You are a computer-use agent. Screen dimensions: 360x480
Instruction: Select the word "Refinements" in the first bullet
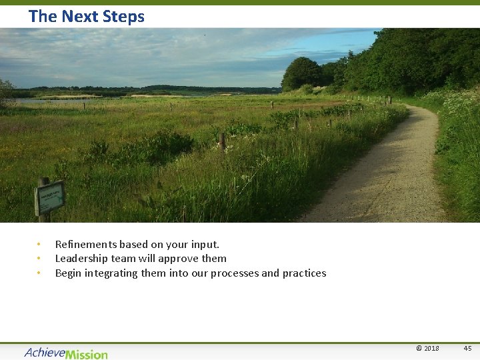pos(85,245)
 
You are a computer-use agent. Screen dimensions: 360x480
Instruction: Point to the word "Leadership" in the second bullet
pos(83,259)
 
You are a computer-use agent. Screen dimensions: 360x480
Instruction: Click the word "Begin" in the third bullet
pos(69,273)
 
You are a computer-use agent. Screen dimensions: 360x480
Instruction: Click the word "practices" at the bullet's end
pos(304,273)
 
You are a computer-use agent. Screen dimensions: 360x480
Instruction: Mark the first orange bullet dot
pos(39,244)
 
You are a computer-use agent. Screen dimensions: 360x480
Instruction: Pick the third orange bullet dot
pos(39,273)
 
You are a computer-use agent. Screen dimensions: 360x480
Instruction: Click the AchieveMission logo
pos(65,353)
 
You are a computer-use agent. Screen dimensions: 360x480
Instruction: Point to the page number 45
pos(467,349)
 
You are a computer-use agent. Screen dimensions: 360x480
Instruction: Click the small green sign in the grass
pos(50,197)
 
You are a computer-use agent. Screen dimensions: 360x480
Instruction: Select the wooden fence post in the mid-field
pos(222,143)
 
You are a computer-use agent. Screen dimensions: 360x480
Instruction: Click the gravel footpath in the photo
pos(393,173)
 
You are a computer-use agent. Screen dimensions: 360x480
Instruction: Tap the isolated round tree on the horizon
pos(302,73)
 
